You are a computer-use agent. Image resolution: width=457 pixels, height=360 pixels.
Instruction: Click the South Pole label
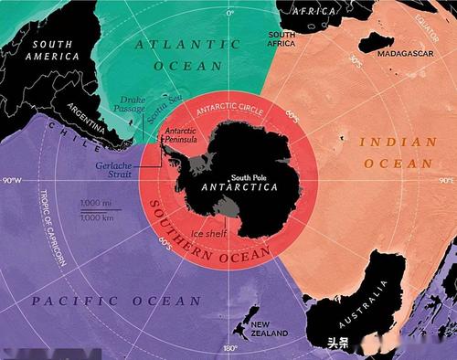(250, 178)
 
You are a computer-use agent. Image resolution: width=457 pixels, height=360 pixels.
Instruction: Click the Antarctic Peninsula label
(181, 137)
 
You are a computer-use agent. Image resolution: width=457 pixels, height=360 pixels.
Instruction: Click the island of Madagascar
(375, 41)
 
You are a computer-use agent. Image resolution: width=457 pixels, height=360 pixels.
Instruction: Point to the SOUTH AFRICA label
(281, 37)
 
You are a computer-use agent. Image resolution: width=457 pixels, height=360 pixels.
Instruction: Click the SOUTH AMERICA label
(52, 49)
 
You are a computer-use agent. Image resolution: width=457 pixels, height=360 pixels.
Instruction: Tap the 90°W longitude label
(13, 180)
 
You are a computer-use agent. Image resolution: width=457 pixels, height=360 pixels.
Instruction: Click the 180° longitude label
(229, 348)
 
